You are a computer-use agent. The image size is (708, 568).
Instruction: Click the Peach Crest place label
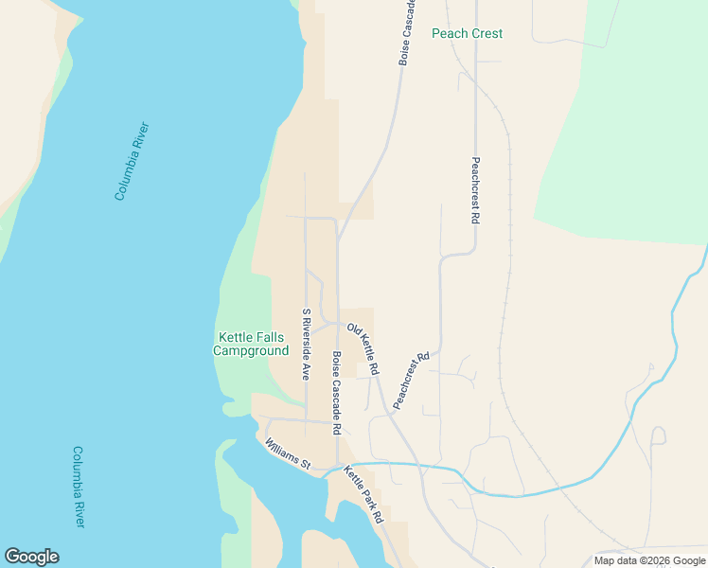pyautogui.click(x=467, y=33)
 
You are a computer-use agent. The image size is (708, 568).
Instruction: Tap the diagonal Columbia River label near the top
pyautogui.click(x=133, y=161)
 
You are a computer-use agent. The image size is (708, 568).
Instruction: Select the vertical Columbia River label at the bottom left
pyautogui.click(x=79, y=487)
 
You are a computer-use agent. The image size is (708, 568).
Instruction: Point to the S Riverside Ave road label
pyautogui.click(x=306, y=344)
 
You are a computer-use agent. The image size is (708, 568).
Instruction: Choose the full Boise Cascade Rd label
pyautogui.click(x=336, y=393)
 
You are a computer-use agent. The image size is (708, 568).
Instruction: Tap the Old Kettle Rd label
pyautogui.click(x=363, y=347)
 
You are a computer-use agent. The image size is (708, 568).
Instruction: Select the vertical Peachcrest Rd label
pyautogui.click(x=475, y=189)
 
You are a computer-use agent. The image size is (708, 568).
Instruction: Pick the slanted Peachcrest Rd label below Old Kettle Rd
pyautogui.click(x=412, y=381)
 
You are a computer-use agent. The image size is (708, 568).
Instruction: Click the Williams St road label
pyautogui.click(x=288, y=454)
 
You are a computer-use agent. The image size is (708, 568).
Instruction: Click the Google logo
pyautogui.click(x=31, y=557)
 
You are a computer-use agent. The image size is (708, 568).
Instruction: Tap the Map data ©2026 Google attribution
pyautogui.click(x=649, y=560)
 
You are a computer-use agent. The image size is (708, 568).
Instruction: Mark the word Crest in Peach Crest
pyautogui.click(x=487, y=33)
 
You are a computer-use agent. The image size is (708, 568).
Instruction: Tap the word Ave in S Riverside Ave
pyautogui.click(x=306, y=369)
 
